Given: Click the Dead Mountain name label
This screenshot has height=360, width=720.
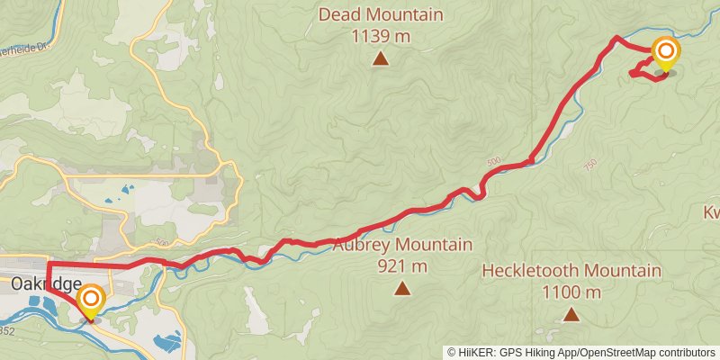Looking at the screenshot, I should pos(381,15).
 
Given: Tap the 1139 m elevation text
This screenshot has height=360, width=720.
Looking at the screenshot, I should pos(381,36).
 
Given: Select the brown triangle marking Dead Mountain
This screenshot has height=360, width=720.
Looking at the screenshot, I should pos(381,59).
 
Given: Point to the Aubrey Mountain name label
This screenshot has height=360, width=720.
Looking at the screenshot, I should pos(402,246).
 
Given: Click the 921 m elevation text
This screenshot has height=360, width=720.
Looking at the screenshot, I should pos(402,266).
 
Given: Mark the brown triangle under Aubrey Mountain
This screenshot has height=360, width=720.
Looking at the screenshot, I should pos(402,289).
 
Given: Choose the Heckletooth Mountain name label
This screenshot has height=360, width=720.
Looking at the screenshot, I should pos(571,271).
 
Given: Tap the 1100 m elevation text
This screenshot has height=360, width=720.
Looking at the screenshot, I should pos(571,292).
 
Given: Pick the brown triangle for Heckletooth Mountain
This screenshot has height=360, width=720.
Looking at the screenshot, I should pos(571,314).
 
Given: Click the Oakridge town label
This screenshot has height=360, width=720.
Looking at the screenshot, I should pos(40,283).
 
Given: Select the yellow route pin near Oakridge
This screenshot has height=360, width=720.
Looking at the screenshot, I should pos(90,300).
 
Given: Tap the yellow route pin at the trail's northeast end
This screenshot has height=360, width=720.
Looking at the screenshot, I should pos(665,53).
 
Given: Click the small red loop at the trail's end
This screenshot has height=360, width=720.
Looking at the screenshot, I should pos(647,69).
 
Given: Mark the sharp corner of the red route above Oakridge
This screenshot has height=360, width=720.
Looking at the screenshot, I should pos(48,264).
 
